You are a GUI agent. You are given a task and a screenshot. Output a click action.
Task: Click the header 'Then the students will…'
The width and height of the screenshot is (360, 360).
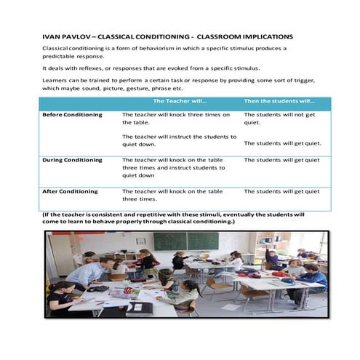279,102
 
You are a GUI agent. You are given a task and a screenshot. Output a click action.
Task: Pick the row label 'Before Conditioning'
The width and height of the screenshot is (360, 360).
73,115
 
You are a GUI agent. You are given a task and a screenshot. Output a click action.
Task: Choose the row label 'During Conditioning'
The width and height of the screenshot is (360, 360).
73,160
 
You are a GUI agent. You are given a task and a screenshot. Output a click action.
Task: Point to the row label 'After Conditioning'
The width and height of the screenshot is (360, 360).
70,191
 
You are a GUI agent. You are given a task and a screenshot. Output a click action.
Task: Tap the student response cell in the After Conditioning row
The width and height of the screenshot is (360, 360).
281,191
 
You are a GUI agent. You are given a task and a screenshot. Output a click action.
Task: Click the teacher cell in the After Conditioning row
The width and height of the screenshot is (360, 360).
172,195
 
